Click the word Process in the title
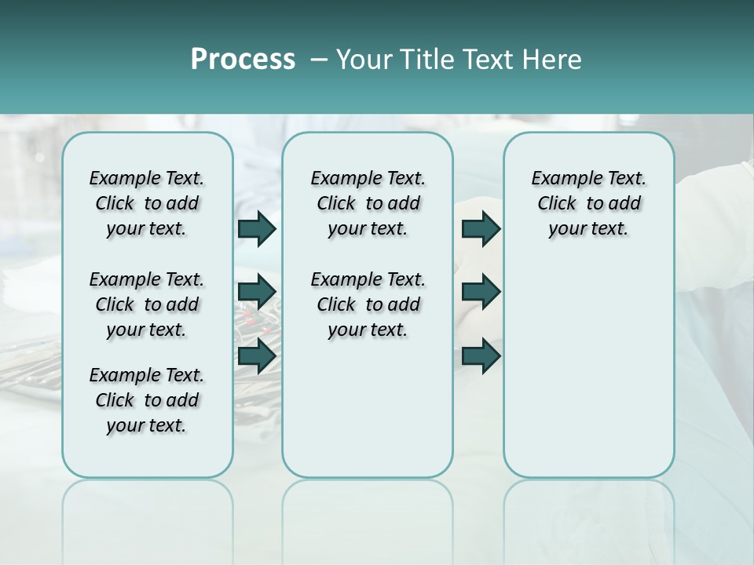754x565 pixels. (x=243, y=60)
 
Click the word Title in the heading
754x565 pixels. (x=419, y=60)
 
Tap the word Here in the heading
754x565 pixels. (x=553, y=60)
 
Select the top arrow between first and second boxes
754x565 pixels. (x=257, y=228)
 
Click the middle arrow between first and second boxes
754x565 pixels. (x=257, y=292)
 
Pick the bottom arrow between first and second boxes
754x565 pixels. (x=257, y=356)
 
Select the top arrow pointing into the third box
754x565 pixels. (x=481, y=228)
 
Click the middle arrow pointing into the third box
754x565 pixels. (x=481, y=292)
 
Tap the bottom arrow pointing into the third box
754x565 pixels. (x=481, y=356)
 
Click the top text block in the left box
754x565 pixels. (x=147, y=203)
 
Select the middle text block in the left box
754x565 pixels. (x=147, y=304)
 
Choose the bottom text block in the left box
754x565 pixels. (x=147, y=400)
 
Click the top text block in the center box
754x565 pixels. (x=368, y=203)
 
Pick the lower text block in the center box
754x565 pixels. (x=368, y=304)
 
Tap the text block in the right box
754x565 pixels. (x=588, y=203)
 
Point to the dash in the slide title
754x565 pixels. (x=319, y=60)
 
